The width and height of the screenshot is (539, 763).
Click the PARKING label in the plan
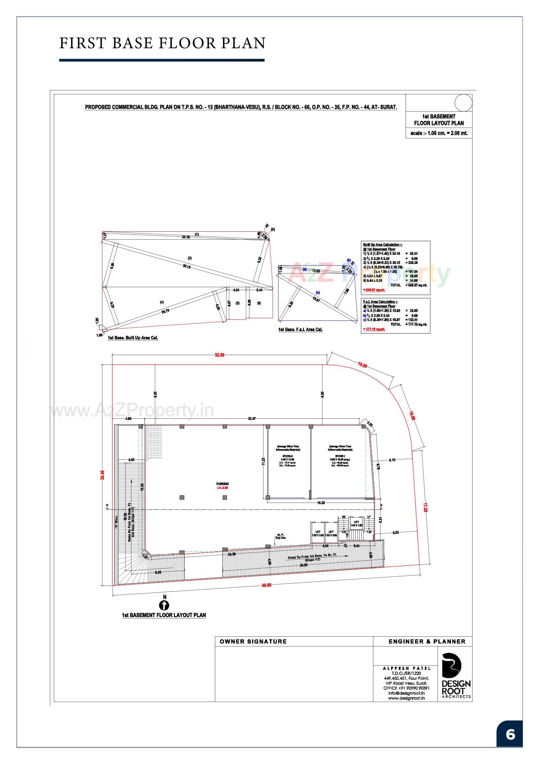coord(222,484)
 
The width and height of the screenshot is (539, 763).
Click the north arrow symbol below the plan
coord(164,605)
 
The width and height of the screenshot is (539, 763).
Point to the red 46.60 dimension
coord(266,585)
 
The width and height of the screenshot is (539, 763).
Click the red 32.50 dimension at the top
coord(219,355)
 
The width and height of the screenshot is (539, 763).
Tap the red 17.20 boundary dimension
coord(425,507)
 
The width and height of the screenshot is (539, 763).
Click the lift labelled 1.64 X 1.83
coord(356,523)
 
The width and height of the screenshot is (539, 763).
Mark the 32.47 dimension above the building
coord(252,419)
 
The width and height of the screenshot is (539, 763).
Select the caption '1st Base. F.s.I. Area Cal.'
coord(300,330)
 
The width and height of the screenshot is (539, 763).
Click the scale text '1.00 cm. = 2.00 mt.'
coord(439,133)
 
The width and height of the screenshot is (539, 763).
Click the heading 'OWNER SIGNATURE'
coord(253,641)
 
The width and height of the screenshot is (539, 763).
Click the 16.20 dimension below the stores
coord(321,503)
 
